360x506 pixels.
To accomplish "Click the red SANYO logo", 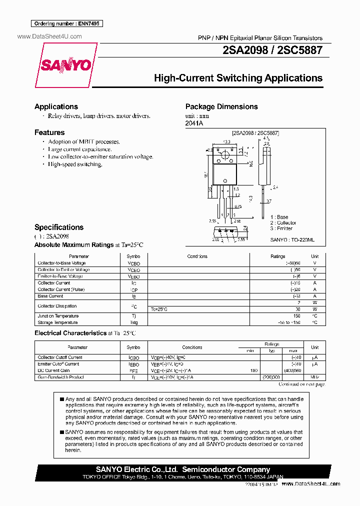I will (x=66, y=65).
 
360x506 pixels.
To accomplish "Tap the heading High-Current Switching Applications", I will (x=238, y=78).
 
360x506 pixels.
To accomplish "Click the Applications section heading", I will (x=56, y=106).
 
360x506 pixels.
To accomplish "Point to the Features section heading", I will (x=49, y=132).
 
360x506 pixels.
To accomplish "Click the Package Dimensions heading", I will (x=221, y=106).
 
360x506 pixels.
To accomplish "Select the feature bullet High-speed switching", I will (x=75, y=164).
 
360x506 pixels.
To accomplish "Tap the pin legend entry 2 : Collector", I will (x=283, y=222).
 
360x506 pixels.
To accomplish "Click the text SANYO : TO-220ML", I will (x=292, y=240).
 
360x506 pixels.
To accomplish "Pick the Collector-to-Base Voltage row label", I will (x=62, y=263).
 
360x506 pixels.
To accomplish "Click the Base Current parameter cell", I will (x=50, y=296).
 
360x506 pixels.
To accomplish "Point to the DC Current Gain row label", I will (x=54, y=370).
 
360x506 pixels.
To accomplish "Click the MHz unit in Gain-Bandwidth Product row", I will (x=314, y=377).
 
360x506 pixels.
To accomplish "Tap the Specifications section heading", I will (x=59, y=227).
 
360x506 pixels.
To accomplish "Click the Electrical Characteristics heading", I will (x=70, y=333).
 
